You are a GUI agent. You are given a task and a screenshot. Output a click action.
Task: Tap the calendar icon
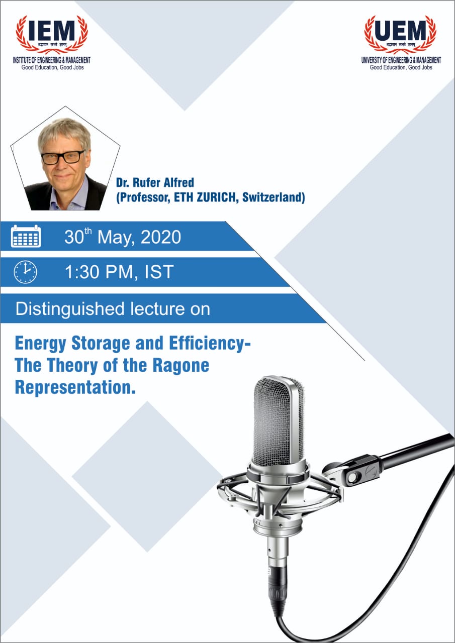[26, 236]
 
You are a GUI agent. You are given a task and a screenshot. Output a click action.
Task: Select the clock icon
[25, 272]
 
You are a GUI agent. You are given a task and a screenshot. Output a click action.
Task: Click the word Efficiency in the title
[202, 344]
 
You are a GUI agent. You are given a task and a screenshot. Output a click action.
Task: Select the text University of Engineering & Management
[401, 60]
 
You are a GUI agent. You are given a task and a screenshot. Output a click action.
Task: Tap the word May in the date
[114, 236]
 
